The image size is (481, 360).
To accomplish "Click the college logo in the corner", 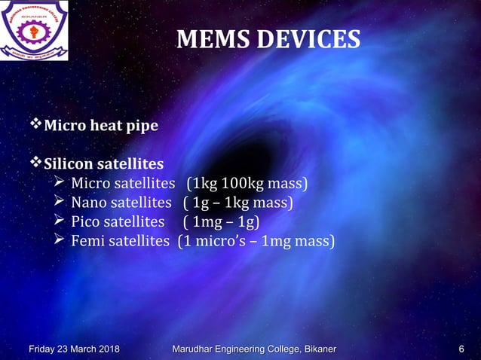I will tap(38, 32).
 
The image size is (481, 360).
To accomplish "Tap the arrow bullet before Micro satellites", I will tap(60, 183).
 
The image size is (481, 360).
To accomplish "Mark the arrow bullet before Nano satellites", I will tap(60, 202).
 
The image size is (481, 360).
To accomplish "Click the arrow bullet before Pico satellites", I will tap(60, 221).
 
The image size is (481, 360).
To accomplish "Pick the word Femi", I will tap(88, 242).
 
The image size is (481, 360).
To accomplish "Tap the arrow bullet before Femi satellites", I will tap(60, 241).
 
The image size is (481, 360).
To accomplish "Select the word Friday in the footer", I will tap(44, 348).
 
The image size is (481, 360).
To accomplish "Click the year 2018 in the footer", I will tap(107, 348).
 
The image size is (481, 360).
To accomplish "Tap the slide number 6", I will tap(461, 348).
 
